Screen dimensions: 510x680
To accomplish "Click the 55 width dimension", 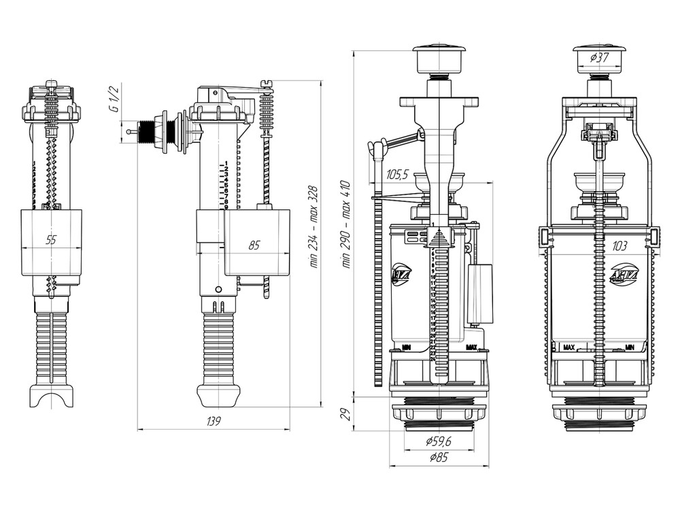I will [x=51, y=239].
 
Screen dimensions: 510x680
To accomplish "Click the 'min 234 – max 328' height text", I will [x=313, y=228].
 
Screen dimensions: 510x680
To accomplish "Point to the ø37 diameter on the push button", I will [x=599, y=58].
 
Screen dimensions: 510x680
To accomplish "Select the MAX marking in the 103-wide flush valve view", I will [x=570, y=349].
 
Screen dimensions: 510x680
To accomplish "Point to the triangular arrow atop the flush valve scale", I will [x=439, y=238].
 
